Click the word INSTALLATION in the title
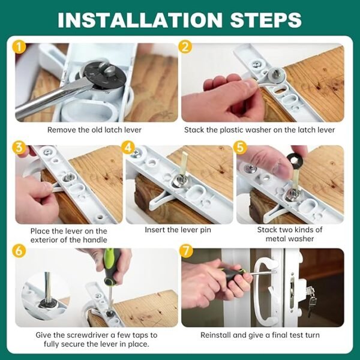pyautogui.click(x=140, y=20)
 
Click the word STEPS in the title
pyautogui.click(x=266, y=20)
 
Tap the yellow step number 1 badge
pyautogui.click(x=19, y=47)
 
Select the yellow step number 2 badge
pyautogui.click(x=185, y=47)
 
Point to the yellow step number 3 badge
pyautogui.click(x=19, y=148)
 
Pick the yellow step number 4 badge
pyautogui.click(x=128, y=148)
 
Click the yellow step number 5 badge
pyautogui.click(x=240, y=148)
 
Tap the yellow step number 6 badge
pyautogui.click(x=19, y=251)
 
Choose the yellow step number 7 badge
pyautogui.click(x=186, y=251)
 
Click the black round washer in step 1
pyautogui.click(x=104, y=74)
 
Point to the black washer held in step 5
pyautogui.click(x=295, y=160)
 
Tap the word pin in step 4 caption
pyautogui.click(x=206, y=230)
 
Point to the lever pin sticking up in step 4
pyautogui.click(x=184, y=163)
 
